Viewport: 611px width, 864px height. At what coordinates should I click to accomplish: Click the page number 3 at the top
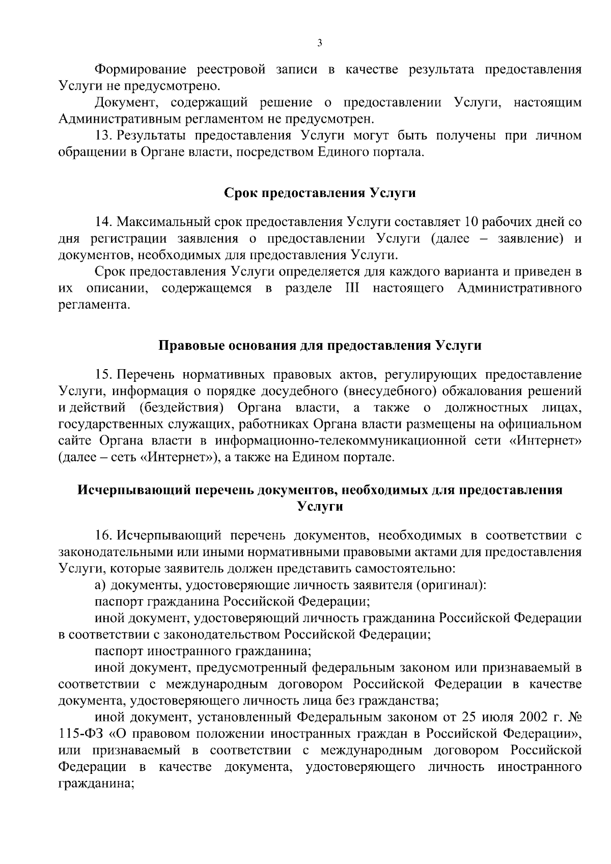(319, 44)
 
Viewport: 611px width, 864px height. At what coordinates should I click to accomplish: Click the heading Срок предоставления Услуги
(320, 193)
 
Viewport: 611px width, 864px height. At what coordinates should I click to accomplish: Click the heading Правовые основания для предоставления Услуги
(320, 346)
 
